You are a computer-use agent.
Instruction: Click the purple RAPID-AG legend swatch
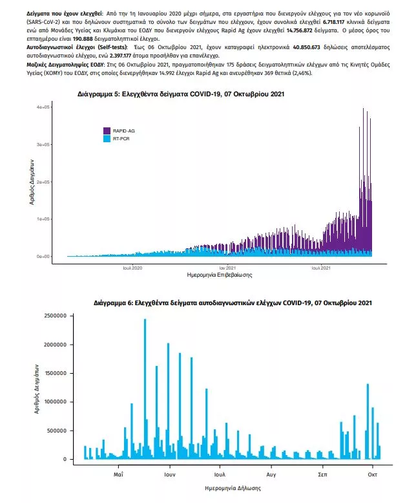click(x=108, y=131)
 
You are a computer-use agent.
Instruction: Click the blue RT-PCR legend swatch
click(x=108, y=138)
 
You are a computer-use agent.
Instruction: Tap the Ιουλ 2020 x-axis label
click(x=132, y=267)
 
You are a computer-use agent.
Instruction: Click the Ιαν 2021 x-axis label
click(x=226, y=267)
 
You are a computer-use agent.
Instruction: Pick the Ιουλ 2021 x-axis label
click(x=321, y=267)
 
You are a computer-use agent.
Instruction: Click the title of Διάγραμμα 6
click(x=233, y=303)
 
